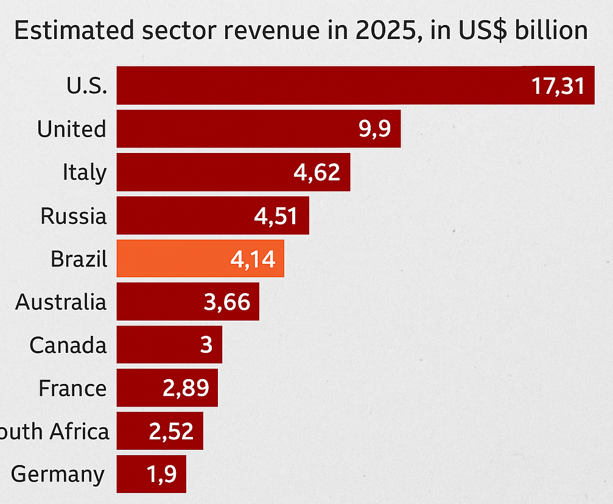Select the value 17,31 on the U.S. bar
point(558,86)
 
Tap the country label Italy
point(84,172)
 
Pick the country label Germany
point(58,474)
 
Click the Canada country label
point(68,346)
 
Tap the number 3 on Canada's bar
point(206,346)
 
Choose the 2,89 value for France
point(186,388)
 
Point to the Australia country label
point(61,302)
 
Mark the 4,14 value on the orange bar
point(253,260)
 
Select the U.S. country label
point(86,86)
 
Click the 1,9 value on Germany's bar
point(162,474)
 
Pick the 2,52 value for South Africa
point(171,431)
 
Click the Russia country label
point(73,216)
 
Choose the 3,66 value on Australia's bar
point(227,302)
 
